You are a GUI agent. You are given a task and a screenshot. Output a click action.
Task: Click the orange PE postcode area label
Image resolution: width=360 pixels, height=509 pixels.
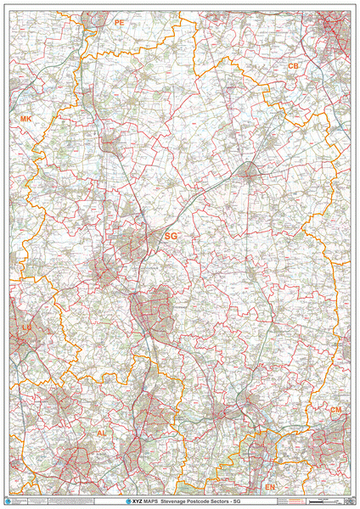tap(119, 23)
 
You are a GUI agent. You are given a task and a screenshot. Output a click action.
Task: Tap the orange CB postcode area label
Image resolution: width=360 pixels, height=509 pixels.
tap(293, 65)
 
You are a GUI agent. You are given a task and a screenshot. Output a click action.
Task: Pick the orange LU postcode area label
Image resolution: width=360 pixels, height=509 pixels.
tap(26, 326)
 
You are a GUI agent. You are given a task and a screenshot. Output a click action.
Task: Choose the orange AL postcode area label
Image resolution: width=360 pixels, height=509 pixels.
tap(102, 433)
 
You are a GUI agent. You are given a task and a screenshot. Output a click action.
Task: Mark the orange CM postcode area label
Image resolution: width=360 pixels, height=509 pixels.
tap(336, 410)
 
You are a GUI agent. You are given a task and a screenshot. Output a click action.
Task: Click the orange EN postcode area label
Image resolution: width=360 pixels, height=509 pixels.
tap(270, 488)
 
